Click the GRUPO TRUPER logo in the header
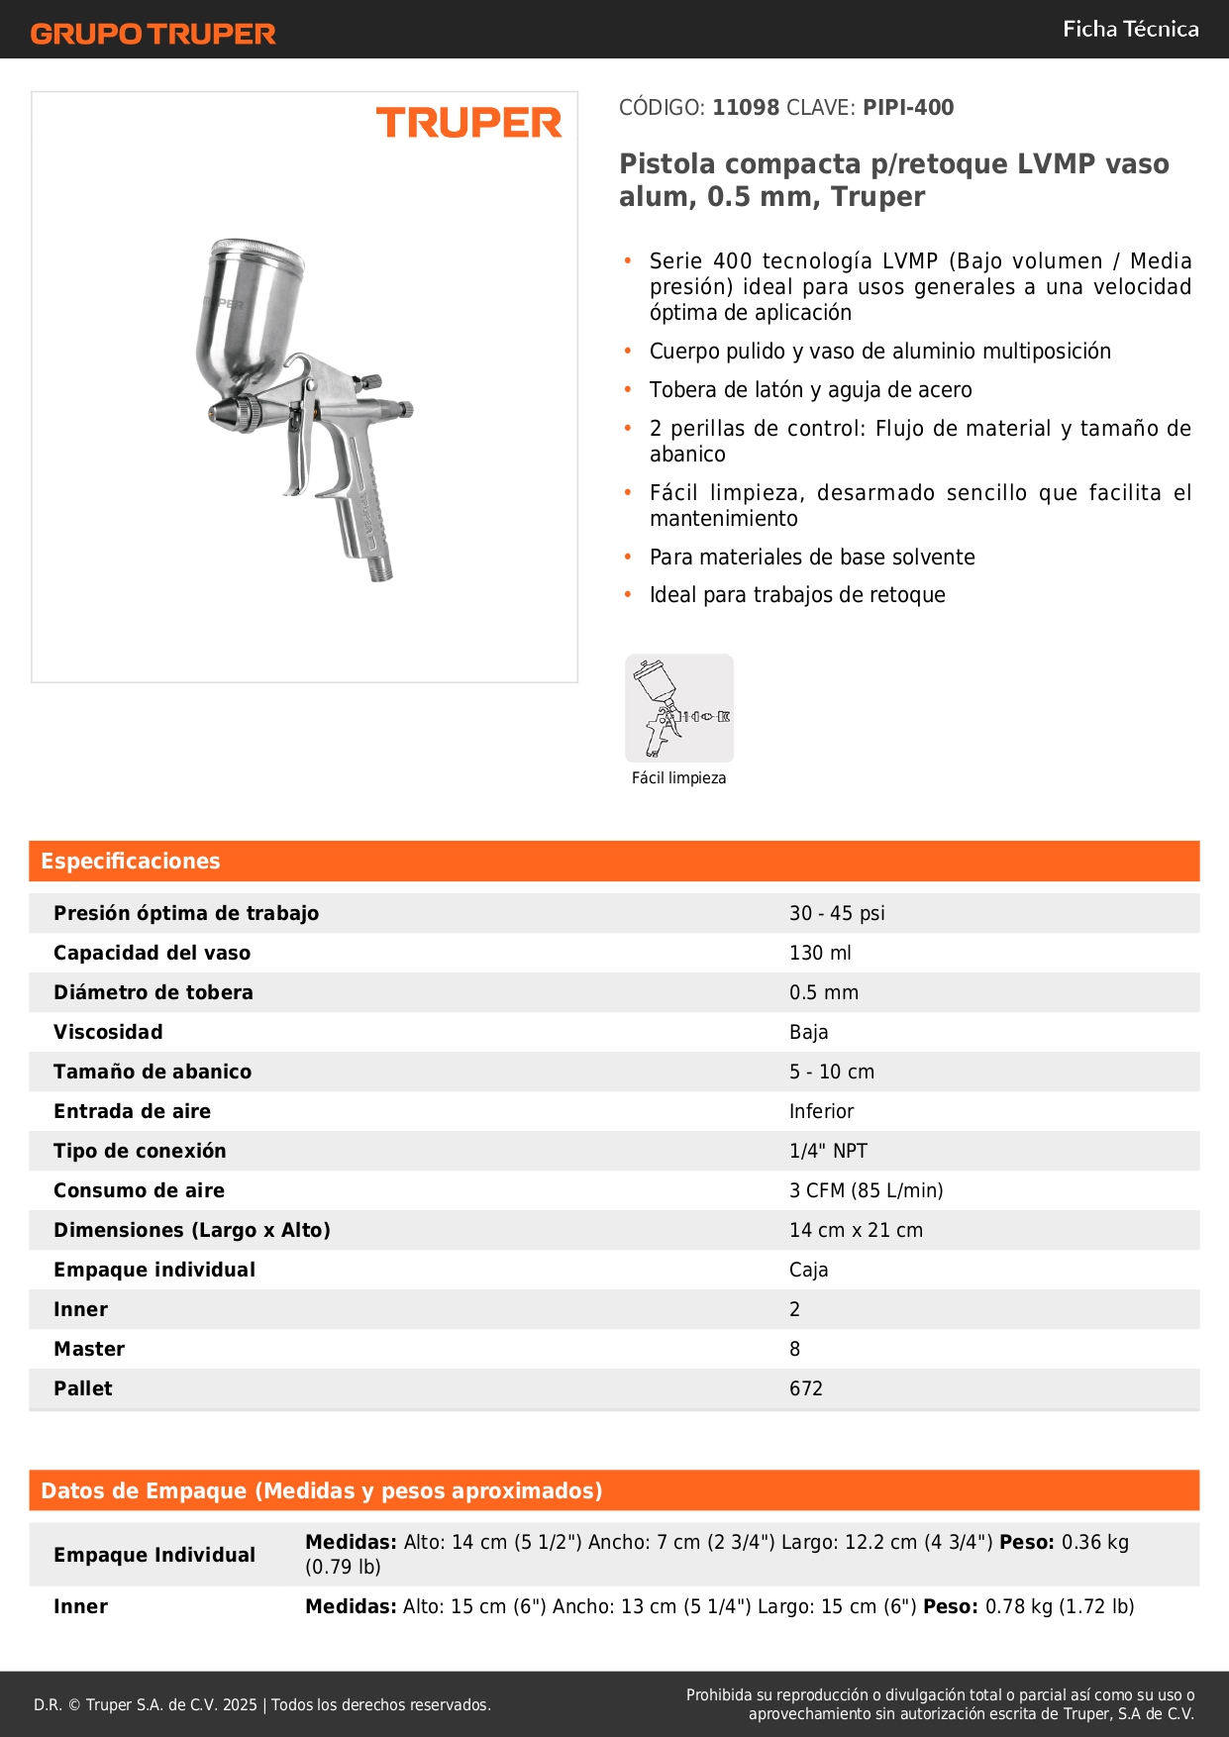(153, 34)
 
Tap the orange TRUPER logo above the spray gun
(468, 123)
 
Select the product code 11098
(746, 107)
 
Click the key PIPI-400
(908, 107)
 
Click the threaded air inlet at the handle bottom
(379, 566)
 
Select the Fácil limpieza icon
(679, 708)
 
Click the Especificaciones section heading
(131, 861)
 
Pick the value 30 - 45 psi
(837, 913)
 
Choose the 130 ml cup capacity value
(820, 953)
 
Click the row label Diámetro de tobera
(154, 992)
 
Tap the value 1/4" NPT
(828, 1151)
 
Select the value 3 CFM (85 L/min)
(866, 1190)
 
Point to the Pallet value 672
(806, 1388)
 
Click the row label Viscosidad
(108, 1032)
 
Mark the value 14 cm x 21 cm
(856, 1230)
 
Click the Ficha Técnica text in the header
(1130, 29)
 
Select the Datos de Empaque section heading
(322, 1490)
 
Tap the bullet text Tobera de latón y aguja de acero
(810, 390)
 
